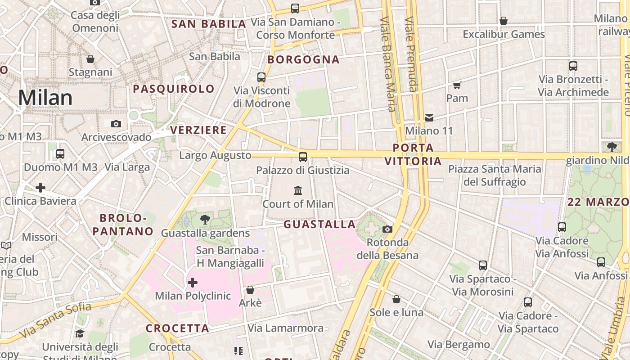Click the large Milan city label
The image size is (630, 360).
(45, 98)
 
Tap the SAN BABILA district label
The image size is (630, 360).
(209, 24)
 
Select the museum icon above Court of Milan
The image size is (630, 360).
(298, 191)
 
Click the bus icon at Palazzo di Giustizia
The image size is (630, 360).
(303, 157)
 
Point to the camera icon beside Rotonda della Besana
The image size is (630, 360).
(387, 229)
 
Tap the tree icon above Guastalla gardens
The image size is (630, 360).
(205, 220)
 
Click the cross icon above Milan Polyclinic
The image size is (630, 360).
(193, 283)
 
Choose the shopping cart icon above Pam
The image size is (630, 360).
(457, 85)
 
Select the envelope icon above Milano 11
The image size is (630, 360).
(429, 118)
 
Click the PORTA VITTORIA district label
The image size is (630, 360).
(413, 154)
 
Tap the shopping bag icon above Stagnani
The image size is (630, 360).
(90, 59)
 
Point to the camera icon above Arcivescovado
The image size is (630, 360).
(116, 124)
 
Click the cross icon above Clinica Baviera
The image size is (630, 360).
(40, 187)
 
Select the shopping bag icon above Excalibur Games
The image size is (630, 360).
(504, 21)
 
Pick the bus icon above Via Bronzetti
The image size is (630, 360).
(573, 66)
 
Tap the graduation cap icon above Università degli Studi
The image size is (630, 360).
(80, 333)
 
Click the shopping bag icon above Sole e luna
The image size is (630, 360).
(396, 299)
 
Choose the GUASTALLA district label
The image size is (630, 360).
(319, 224)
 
